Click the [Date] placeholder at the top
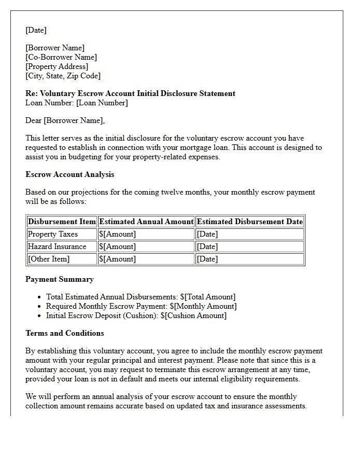click(36, 30)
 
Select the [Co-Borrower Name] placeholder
click(61, 57)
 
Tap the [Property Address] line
click(57, 66)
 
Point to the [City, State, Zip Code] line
click(63, 76)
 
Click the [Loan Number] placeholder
click(102, 103)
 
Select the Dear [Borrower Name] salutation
click(65, 120)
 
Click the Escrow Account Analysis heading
click(69, 174)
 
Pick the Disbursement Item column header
click(62, 222)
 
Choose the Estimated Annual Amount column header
click(146, 222)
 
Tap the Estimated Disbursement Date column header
click(249, 222)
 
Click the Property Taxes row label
click(52, 234)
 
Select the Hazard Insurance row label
click(57, 246)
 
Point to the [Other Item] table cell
click(49, 259)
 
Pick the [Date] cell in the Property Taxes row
click(207, 234)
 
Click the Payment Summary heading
click(60, 279)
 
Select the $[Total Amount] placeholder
click(207, 297)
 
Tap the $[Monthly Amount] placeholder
click(203, 306)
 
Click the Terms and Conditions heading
click(64, 333)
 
